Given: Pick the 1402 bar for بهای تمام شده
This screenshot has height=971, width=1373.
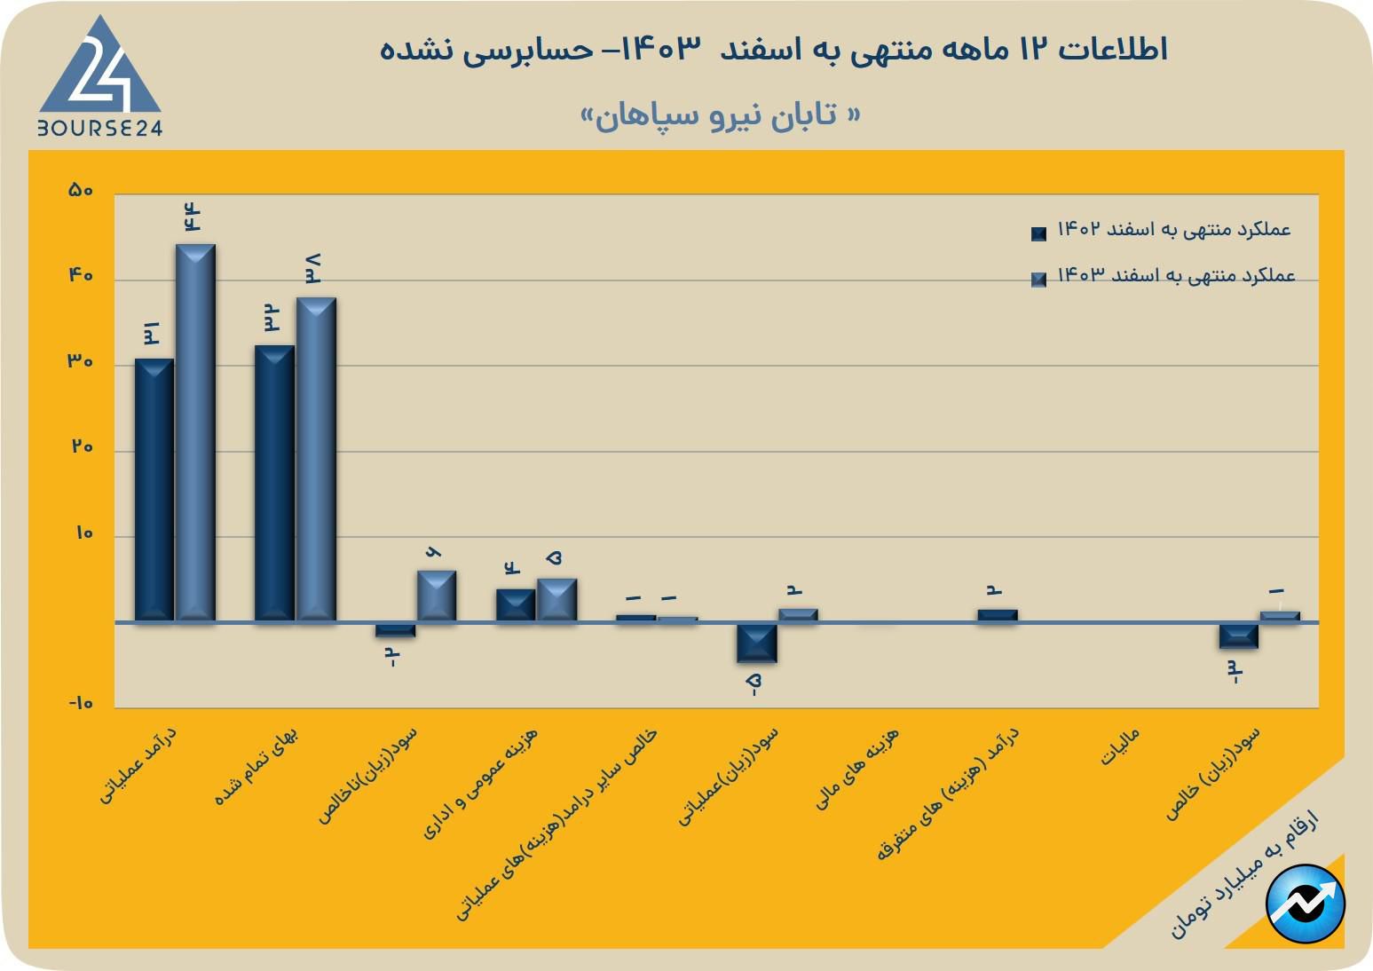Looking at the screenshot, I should coord(274,483).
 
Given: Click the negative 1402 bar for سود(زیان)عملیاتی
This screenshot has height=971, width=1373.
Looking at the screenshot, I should coord(756,643).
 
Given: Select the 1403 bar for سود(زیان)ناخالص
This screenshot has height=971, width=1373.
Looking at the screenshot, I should coord(436,596).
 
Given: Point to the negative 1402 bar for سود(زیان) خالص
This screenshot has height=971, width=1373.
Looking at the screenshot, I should coord(1238,635).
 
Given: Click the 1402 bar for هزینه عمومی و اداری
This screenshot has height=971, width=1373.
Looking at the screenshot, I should coord(516,604).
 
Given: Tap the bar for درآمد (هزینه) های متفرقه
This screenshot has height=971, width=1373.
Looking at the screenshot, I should coord(998,615).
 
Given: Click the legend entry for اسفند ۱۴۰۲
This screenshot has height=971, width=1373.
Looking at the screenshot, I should coord(1163,231).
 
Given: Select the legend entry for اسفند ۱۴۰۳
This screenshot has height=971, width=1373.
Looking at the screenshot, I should coord(1163,277).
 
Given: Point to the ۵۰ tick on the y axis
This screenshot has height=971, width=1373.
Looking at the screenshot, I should coord(81,191).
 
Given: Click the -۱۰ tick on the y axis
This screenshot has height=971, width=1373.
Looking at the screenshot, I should coord(81,703).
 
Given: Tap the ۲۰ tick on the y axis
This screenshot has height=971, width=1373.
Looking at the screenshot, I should coord(83,446).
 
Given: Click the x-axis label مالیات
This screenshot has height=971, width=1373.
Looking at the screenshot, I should coord(1120,747).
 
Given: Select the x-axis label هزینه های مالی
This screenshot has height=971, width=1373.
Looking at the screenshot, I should coord(857,768).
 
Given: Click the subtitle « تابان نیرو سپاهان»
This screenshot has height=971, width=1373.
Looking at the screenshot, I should coord(721,115).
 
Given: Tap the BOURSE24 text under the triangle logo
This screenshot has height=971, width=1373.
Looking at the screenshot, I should coord(100,128).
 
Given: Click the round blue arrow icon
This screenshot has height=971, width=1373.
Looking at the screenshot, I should coord(1306,903).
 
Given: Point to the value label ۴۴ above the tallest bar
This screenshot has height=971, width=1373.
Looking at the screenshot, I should coord(193,217).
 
